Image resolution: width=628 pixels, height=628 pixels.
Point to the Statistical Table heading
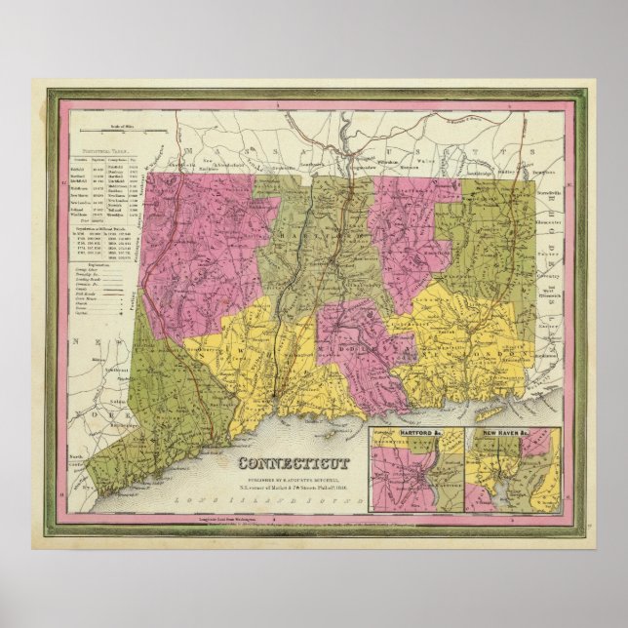point(107,151)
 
